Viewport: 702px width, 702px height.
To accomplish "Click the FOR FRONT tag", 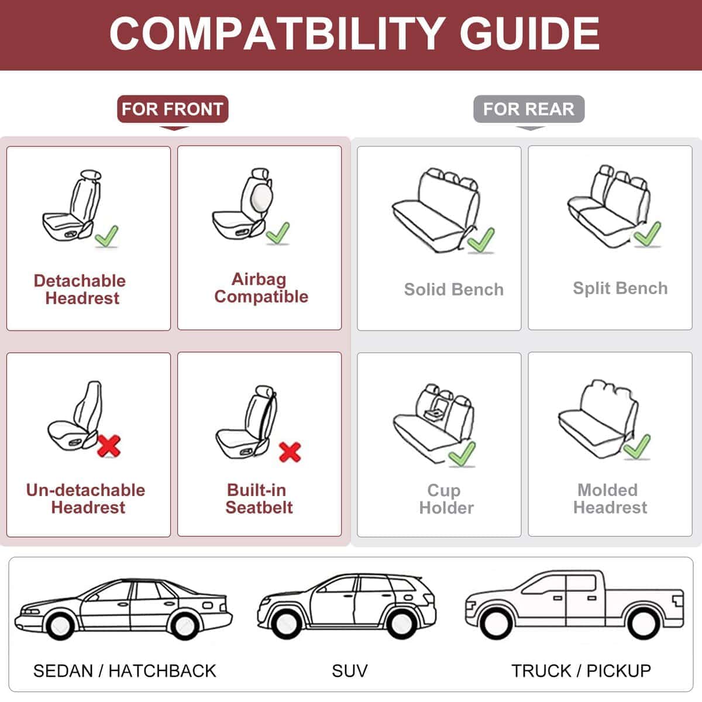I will pos(173,109).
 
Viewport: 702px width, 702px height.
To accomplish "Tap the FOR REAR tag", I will pos(528,109).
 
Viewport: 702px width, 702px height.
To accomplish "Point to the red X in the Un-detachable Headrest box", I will pos(109,446).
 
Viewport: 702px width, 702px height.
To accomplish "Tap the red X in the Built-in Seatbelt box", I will pos(290,452).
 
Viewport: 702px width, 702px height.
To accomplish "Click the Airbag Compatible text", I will pos(260,288).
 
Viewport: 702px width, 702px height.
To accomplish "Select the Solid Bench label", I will pos(453,290).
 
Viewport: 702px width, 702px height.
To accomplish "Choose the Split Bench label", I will pos(620,288).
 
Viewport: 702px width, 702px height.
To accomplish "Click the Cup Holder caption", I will pos(446,499).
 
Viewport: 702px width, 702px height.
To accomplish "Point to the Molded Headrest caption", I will pos(610,499).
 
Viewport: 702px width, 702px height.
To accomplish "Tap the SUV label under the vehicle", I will pos(349,670).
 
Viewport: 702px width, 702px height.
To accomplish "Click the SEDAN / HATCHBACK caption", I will pos(125,670).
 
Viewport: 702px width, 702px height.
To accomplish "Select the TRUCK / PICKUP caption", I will pos(581,670).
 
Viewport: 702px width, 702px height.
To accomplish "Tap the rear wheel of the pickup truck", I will pos(642,624).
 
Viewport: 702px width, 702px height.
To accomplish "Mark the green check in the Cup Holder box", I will pos(462,453).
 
